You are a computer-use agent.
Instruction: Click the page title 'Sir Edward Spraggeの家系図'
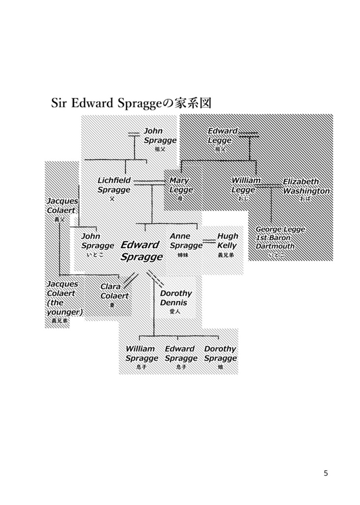(132, 104)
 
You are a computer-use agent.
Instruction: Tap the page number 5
(325, 473)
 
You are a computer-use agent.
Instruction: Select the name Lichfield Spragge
(114, 185)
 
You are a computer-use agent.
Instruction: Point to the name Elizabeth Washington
(306, 186)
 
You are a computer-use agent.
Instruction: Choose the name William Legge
(246, 185)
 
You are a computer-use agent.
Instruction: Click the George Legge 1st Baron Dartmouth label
(280, 238)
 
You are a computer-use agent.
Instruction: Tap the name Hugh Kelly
(227, 241)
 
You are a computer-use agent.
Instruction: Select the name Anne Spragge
(186, 241)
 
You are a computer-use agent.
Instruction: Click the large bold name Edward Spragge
(141, 251)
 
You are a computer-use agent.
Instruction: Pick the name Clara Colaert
(114, 291)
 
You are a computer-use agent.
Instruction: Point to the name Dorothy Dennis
(176, 298)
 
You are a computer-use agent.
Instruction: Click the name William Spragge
(142, 354)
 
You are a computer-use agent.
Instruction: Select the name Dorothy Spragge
(220, 354)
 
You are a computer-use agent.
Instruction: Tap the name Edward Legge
(222, 136)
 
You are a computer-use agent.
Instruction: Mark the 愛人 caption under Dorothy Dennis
(175, 312)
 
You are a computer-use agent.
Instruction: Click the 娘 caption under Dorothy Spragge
(220, 367)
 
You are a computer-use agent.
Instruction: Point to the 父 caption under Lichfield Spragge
(112, 199)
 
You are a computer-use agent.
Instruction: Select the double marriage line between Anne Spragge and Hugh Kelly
(210, 241)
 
